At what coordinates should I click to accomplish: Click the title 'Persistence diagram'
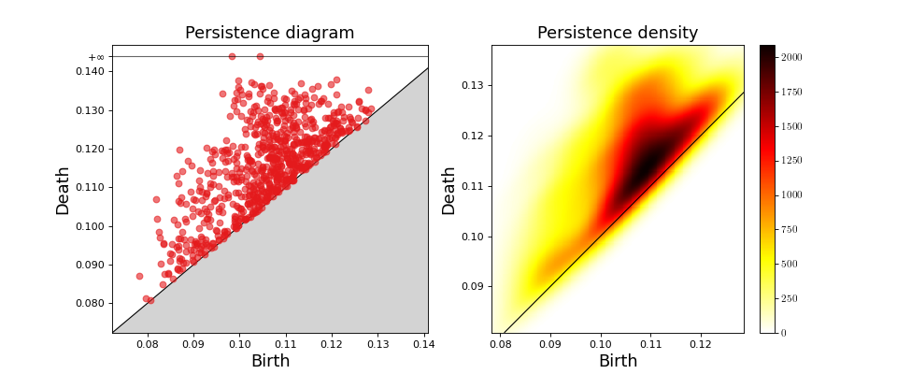(x=269, y=33)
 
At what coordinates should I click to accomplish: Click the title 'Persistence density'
(x=617, y=33)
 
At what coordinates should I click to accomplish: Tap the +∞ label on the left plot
(x=96, y=57)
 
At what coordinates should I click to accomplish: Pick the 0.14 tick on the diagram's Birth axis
(x=423, y=345)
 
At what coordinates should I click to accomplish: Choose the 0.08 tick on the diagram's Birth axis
(x=147, y=345)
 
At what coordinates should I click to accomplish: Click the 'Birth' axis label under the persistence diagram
(x=270, y=362)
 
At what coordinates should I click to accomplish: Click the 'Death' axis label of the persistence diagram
(x=64, y=191)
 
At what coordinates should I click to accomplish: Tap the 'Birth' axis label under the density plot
(x=618, y=362)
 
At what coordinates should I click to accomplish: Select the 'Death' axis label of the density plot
(x=449, y=191)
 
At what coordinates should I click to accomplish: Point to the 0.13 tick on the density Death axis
(x=473, y=86)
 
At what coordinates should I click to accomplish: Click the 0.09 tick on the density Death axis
(x=473, y=286)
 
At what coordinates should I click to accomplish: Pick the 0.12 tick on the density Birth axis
(x=701, y=345)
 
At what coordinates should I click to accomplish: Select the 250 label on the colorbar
(x=788, y=298)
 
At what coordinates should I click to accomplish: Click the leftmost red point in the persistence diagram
(x=139, y=276)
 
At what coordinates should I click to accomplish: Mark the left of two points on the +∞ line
(x=232, y=56)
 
